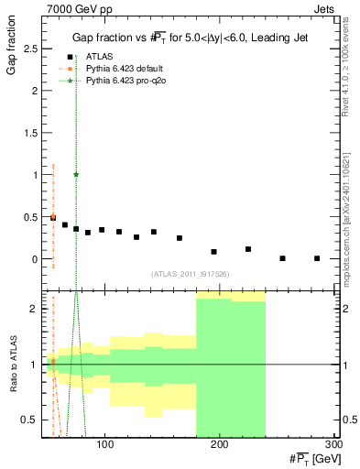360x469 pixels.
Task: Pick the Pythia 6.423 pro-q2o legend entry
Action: coord(115,81)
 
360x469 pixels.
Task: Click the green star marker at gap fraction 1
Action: coord(76,174)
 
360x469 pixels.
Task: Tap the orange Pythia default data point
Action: coord(53,217)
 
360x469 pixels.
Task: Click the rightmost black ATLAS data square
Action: coord(317,258)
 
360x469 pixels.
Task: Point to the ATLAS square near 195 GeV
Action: coord(214,251)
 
